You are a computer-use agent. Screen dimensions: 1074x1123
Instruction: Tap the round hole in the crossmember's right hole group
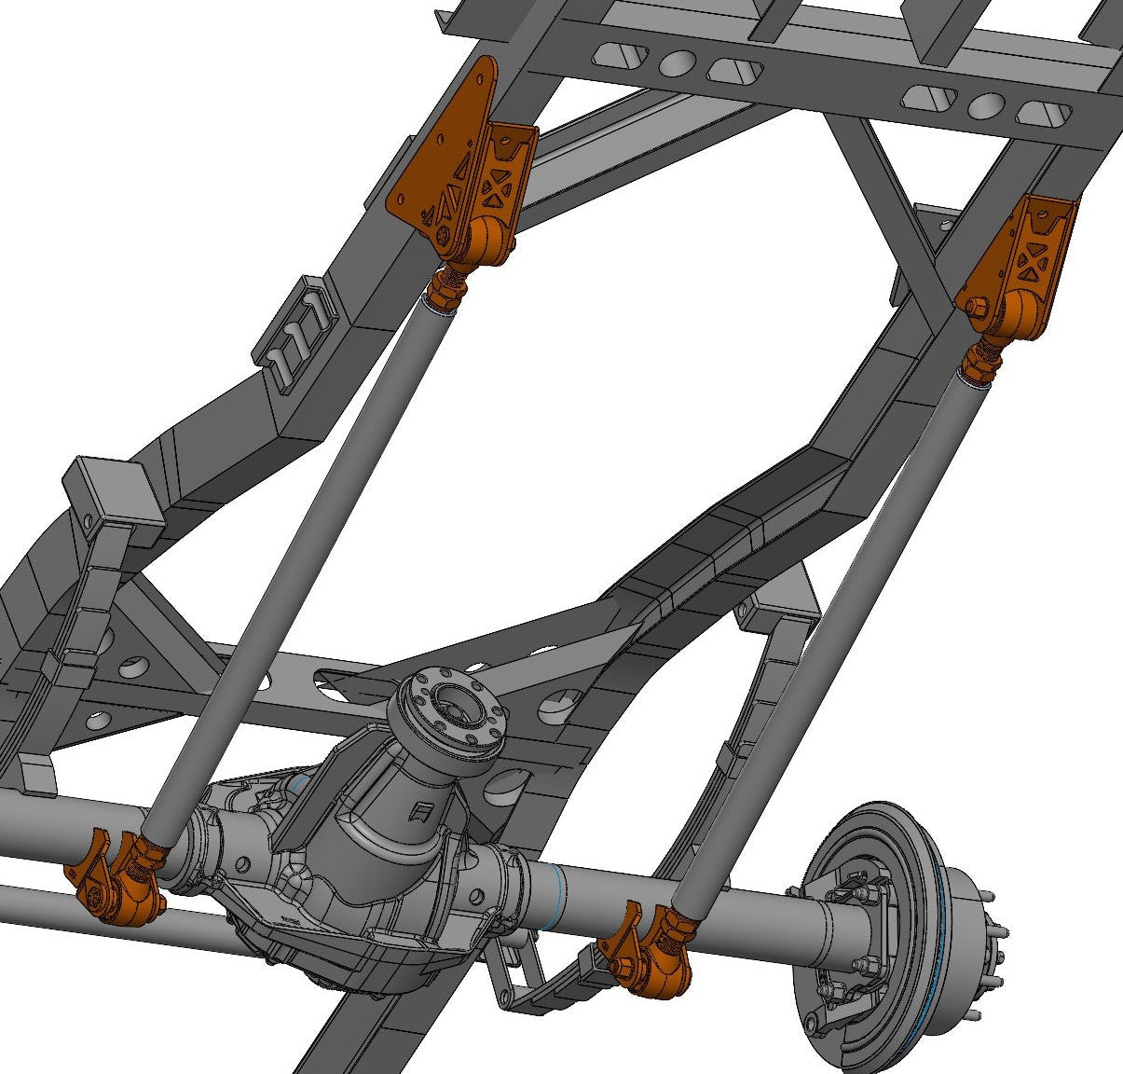[x=985, y=105]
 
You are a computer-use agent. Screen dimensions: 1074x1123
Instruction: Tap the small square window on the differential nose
[x=422, y=811]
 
